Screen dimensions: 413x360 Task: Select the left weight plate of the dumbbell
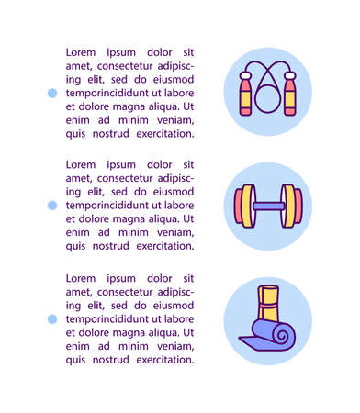click(x=245, y=204)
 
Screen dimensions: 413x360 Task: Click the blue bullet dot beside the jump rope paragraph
click(x=52, y=93)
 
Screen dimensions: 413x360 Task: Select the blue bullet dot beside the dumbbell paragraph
click(x=52, y=206)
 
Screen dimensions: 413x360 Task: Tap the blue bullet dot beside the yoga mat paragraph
click(x=52, y=318)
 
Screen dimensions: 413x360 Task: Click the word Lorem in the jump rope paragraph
click(x=82, y=52)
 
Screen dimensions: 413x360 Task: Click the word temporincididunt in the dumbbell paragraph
click(x=107, y=206)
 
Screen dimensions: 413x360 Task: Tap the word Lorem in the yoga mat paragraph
click(x=82, y=277)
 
